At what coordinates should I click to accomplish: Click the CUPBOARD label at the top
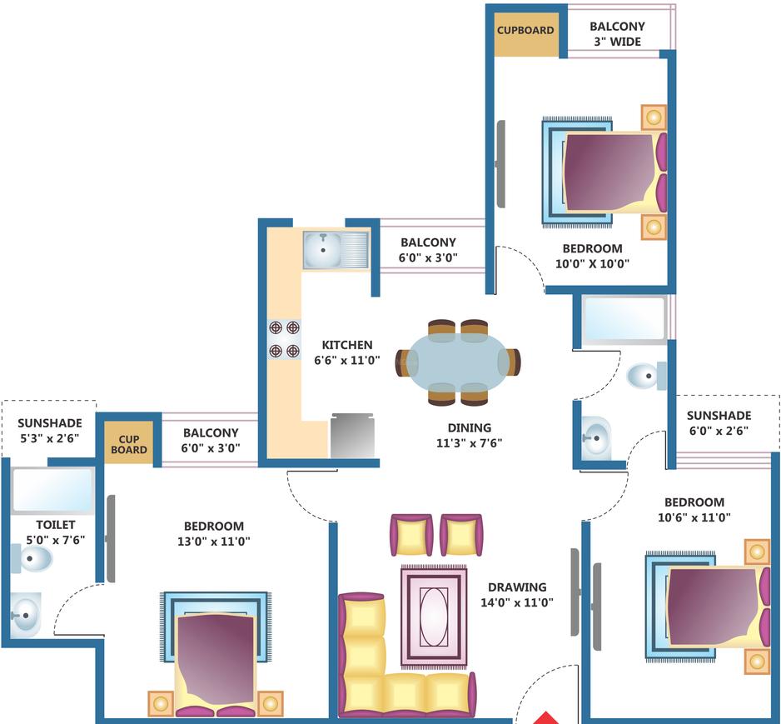coord(525,31)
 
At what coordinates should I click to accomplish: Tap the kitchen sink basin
coord(321,248)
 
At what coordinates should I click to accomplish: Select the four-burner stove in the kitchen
coord(284,339)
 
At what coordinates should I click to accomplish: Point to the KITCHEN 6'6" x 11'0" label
coord(347,352)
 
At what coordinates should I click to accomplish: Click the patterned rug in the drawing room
coord(434,617)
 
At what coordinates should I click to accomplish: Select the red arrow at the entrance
coord(545,717)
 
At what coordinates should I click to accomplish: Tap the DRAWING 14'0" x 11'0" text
coord(517,595)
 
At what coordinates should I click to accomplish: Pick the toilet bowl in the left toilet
coord(33,557)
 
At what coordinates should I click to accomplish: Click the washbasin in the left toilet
coord(25,616)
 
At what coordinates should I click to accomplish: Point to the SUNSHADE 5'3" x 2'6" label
coord(49,431)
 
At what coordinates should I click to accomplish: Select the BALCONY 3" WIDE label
coord(617,33)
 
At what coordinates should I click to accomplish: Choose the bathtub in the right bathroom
coord(624,319)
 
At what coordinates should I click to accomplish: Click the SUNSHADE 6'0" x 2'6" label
coord(719,423)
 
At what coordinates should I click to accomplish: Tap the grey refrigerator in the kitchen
coord(352,436)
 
